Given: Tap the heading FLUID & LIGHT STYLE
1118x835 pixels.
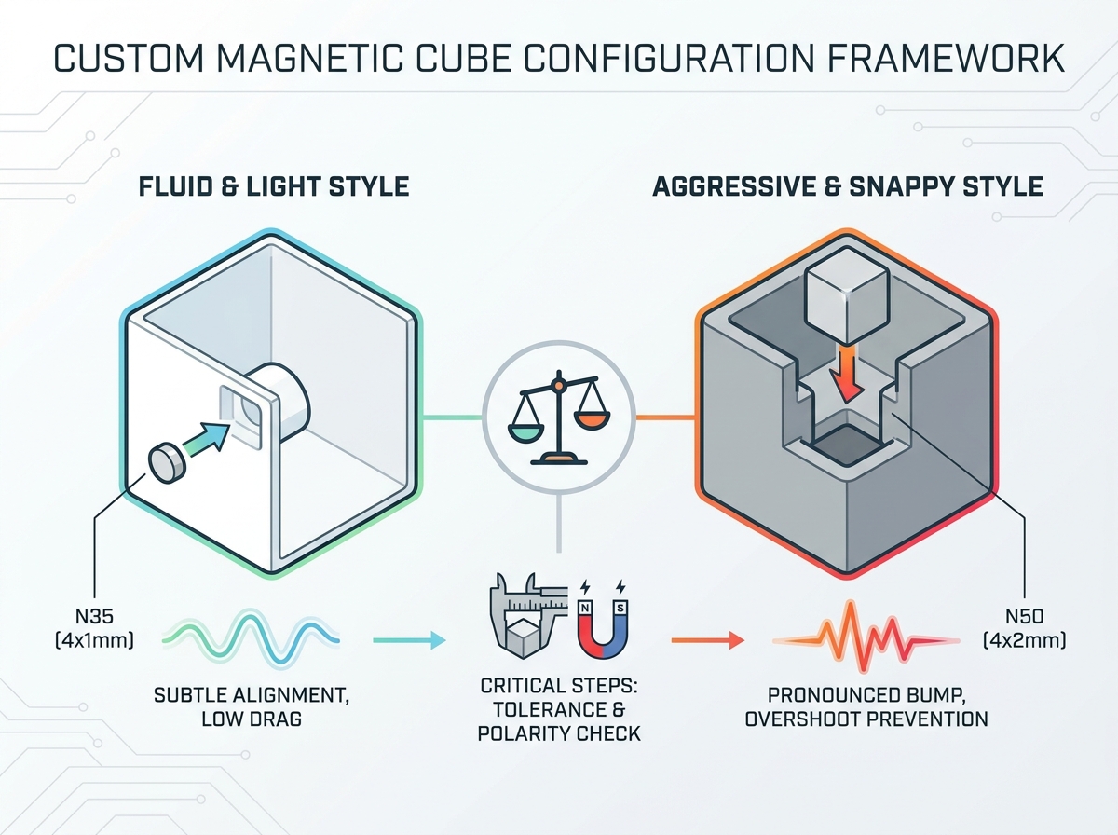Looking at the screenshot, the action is pos(274,186).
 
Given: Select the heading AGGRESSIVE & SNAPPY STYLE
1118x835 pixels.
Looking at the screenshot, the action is pos(848,186).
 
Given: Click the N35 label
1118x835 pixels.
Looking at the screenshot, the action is pos(95,617).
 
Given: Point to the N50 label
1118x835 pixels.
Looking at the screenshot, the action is pos(1025,617).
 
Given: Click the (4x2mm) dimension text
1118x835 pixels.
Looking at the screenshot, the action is pos(1024,640).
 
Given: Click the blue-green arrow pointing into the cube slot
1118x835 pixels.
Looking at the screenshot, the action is pos(207,437).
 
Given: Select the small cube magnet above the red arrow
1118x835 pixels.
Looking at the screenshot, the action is pos(847,295).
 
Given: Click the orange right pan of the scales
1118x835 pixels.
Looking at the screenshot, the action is pos(592,420).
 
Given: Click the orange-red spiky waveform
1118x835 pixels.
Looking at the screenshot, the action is pos(866,637).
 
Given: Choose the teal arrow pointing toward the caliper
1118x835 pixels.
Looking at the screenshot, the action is pos(409,640).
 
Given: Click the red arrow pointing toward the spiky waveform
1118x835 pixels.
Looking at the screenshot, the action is pos(708,640).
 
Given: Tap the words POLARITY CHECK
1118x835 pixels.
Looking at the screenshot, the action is pos(559,733).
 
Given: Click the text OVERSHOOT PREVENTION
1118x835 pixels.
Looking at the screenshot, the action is pos(866,719).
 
